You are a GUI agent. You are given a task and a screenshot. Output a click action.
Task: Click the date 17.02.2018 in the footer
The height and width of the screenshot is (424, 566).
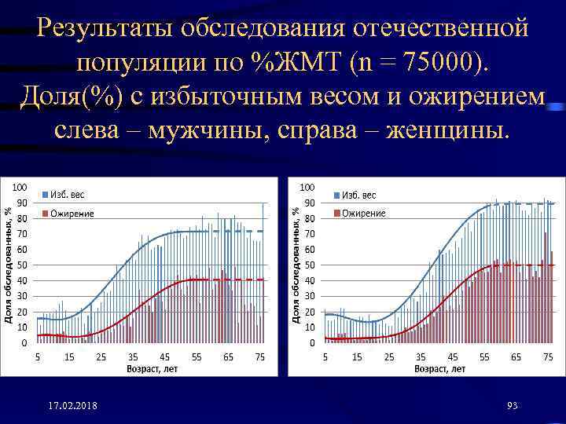(72, 405)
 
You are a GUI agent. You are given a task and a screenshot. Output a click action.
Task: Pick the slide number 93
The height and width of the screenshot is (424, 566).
(513, 405)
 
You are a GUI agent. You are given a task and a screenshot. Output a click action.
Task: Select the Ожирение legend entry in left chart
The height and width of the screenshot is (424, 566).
(72, 214)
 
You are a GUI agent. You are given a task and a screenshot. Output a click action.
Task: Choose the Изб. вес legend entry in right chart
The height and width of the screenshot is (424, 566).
(358, 194)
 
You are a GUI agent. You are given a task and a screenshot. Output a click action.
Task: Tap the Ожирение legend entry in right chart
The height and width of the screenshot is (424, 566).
(362, 214)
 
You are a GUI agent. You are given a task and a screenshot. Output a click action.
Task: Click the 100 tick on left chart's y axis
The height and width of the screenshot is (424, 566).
(21, 187)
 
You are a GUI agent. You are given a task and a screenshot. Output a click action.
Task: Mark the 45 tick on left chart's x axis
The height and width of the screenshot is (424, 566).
(164, 357)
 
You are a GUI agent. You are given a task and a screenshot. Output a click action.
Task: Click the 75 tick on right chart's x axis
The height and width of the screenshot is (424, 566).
(548, 357)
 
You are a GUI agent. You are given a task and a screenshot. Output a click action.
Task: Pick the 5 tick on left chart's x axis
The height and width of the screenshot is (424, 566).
(38, 357)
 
